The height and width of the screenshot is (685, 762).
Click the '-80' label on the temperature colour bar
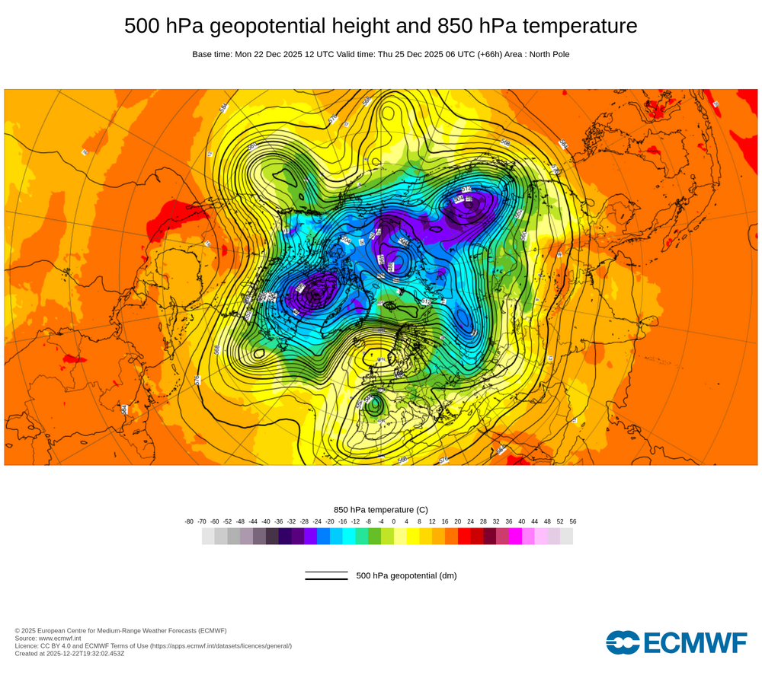coord(189,521)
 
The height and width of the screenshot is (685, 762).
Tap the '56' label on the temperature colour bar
coord(572,521)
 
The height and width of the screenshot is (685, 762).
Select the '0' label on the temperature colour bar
coord(393,521)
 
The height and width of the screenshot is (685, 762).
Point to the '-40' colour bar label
coord(266,521)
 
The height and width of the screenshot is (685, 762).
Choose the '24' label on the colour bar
coord(470,521)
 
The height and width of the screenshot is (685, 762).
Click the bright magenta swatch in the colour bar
coord(515,536)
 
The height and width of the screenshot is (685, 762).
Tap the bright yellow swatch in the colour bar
coord(413,536)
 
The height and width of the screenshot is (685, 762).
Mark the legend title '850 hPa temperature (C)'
coord(381,509)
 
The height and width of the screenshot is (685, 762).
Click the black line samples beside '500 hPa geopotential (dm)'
coord(326,575)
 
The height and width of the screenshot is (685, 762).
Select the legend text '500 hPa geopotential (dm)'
coord(406,575)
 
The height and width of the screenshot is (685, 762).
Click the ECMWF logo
coord(677,642)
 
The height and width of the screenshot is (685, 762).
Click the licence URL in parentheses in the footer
coord(221,645)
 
